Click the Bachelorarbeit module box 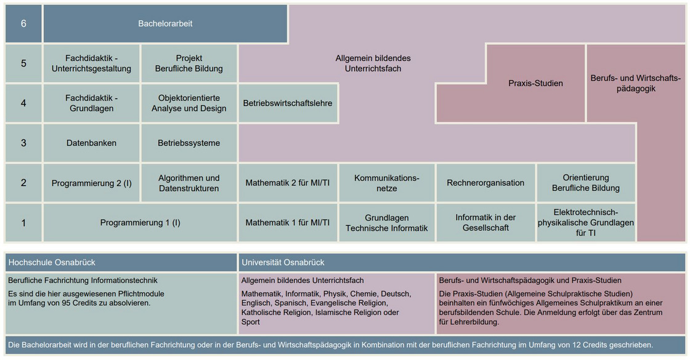pyautogui.click(x=165, y=24)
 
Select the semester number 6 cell pyautogui.click(x=23, y=24)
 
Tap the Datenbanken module pyautogui.click(x=91, y=143)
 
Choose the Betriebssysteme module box pyautogui.click(x=189, y=143)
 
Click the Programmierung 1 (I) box pyautogui.click(x=140, y=223)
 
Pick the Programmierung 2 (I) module pyautogui.click(x=91, y=183)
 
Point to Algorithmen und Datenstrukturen pyautogui.click(x=189, y=183)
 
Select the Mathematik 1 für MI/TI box pyautogui.click(x=287, y=223)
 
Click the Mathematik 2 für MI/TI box pyautogui.click(x=287, y=183)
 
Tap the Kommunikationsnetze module pyautogui.click(x=386, y=183)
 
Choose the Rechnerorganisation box pyautogui.click(x=485, y=183)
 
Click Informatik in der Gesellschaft pyautogui.click(x=485, y=223)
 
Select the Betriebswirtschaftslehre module pyautogui.click(x=287, y=103)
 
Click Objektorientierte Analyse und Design pyautogui.click(x=189, y=103)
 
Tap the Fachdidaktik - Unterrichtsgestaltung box pyautogui.click(x=91, y=63)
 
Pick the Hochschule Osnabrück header pyautogui.click(x=121, y=263)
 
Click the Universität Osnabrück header pyautogui.click(x=461, y=263)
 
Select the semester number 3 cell pyautogui.click(x=23, y=143)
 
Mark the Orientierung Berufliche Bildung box pyautogui.click(x=585, y=183)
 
